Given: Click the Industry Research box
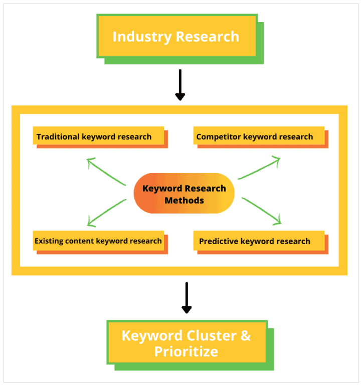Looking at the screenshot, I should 176,36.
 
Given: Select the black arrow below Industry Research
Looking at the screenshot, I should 180,85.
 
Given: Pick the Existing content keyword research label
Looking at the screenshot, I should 99,241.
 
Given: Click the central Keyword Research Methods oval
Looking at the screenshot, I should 184,194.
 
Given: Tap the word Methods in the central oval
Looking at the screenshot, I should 184,201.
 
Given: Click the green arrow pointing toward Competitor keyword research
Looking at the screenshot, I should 259,168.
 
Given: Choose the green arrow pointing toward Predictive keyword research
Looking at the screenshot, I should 262,211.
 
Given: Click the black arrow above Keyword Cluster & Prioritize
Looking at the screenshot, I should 187,298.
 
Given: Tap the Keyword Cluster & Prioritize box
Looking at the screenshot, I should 187,343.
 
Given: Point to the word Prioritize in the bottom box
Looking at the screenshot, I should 186,351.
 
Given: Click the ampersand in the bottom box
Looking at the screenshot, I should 246,335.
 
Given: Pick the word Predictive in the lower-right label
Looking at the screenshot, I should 219,241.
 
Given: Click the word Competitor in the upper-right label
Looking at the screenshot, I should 217,136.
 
